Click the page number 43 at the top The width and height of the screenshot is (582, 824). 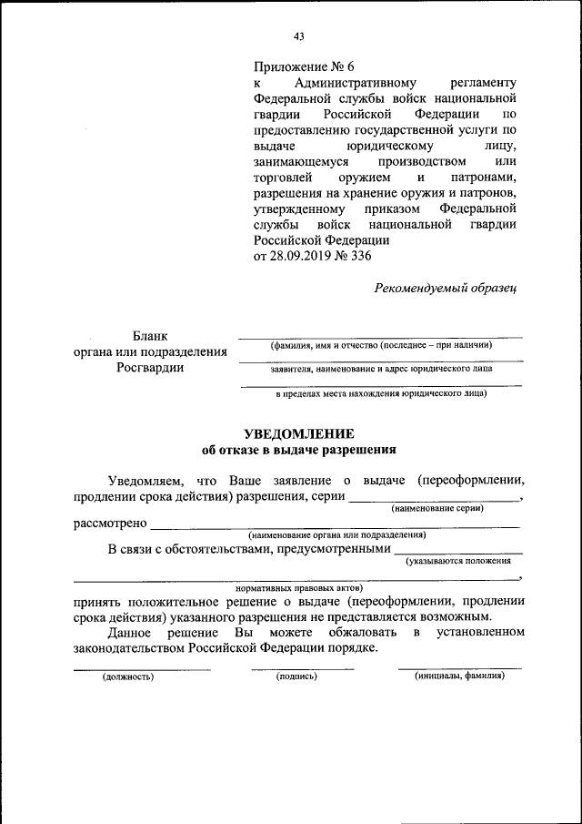[x=298, y=36]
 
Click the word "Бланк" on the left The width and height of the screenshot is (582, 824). [x=149, y=336]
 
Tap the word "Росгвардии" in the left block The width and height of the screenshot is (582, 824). [x=150, y=368]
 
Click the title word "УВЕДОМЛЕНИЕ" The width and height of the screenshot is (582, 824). [x=298, y=433]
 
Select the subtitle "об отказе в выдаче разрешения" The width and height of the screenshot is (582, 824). [x=298, y=450]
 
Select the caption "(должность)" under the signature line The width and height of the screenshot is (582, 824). [x=128, y=676]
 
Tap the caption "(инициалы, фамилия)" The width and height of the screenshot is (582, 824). [x=458, y=676]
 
